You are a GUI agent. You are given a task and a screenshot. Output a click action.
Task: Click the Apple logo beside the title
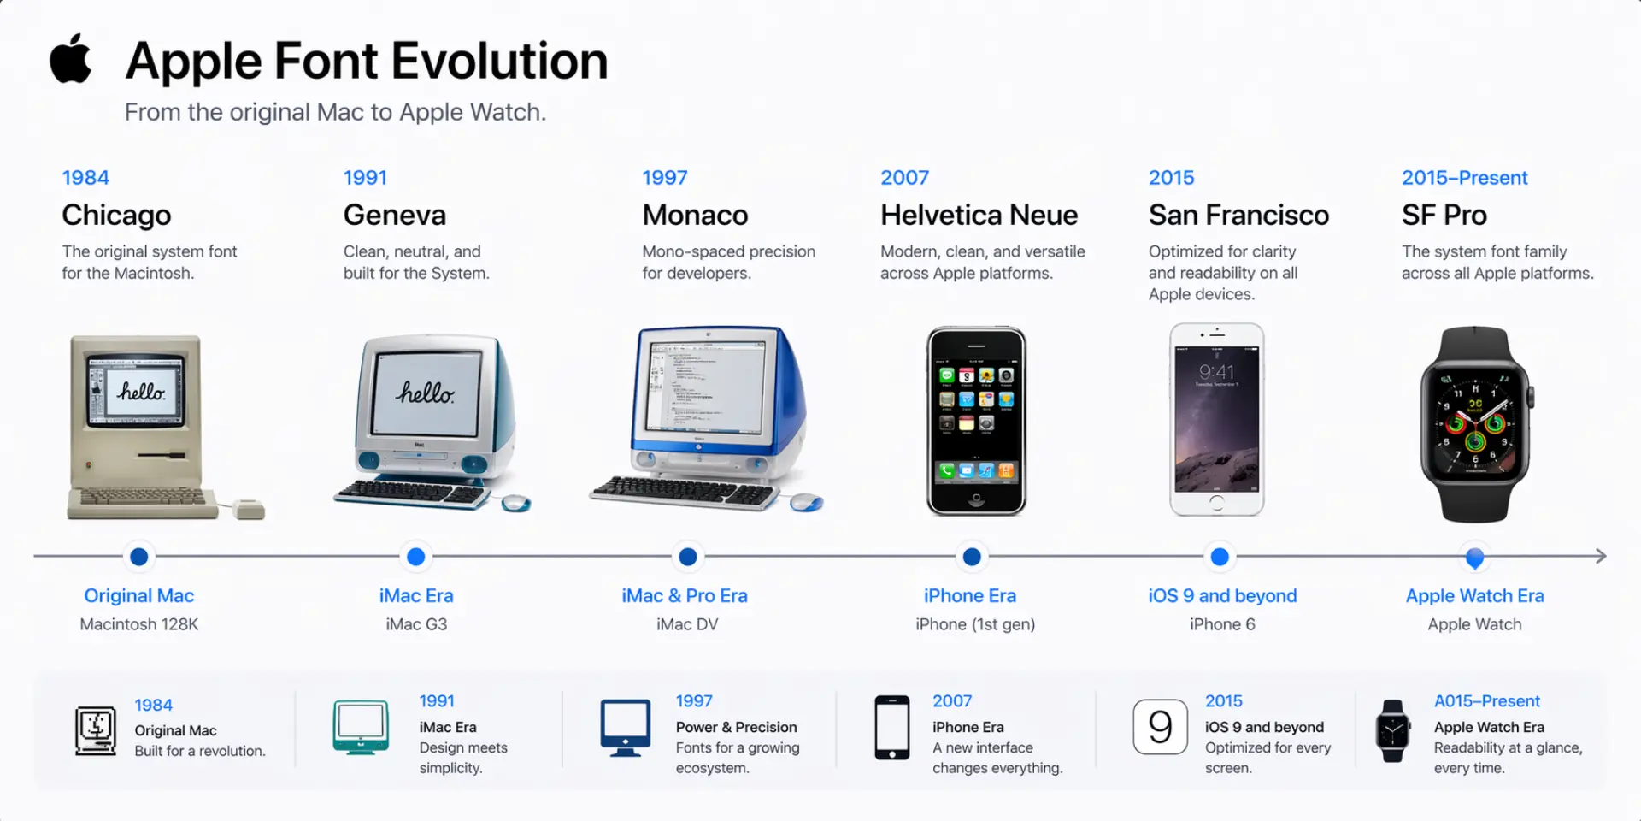71,59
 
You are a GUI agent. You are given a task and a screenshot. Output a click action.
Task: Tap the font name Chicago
116,215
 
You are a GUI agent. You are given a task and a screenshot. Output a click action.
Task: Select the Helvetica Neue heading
979,215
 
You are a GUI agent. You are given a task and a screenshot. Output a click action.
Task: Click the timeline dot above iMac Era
416,557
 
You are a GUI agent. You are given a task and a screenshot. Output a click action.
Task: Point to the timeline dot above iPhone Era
972,557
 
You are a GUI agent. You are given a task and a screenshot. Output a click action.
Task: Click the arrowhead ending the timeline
1600,556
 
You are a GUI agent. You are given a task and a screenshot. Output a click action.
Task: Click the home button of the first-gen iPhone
976,499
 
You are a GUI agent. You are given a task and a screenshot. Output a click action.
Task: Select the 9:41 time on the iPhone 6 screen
1216,372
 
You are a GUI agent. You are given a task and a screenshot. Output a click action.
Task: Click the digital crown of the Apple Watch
1530,398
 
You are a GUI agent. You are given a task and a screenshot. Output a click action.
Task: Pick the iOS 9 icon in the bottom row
1160,727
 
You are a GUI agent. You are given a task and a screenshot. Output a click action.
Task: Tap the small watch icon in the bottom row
1392,731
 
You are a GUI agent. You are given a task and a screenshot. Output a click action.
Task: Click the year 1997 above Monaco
664,178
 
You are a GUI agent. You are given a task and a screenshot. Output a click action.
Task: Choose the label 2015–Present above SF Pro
1464,178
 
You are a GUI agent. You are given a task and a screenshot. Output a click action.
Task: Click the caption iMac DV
687,624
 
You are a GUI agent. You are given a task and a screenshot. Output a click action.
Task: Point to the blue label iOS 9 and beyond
1222,595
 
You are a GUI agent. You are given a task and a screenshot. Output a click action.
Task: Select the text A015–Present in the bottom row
1486,701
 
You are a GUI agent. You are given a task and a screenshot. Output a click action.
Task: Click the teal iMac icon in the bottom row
361,727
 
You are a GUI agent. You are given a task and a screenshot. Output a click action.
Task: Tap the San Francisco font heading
1238,215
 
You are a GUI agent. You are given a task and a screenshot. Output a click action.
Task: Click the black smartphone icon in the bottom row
891,728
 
